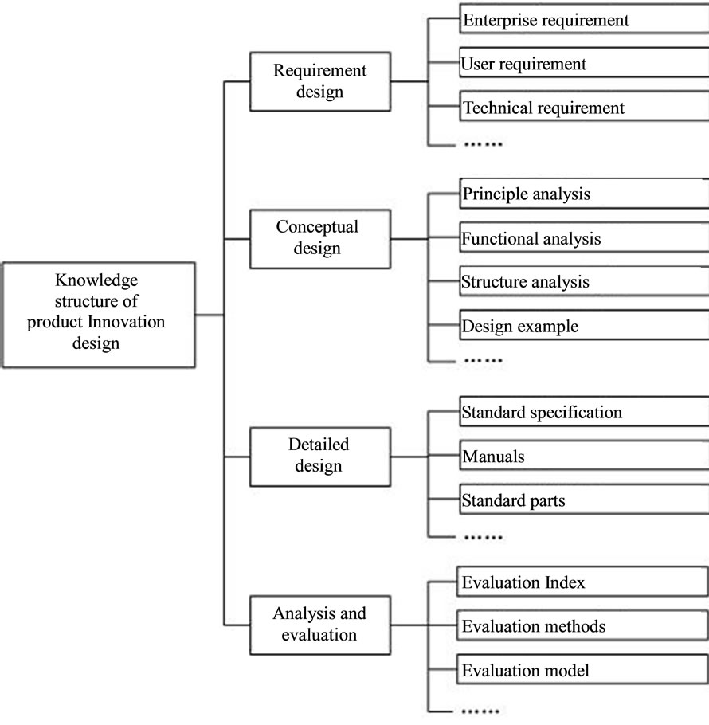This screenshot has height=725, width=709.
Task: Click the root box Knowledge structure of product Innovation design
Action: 96,314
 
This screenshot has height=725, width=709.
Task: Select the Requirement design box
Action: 319,81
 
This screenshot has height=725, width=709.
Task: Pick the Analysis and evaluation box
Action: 319,624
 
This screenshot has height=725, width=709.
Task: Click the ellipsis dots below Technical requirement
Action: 483,144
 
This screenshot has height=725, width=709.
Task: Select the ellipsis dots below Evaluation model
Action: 483,710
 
